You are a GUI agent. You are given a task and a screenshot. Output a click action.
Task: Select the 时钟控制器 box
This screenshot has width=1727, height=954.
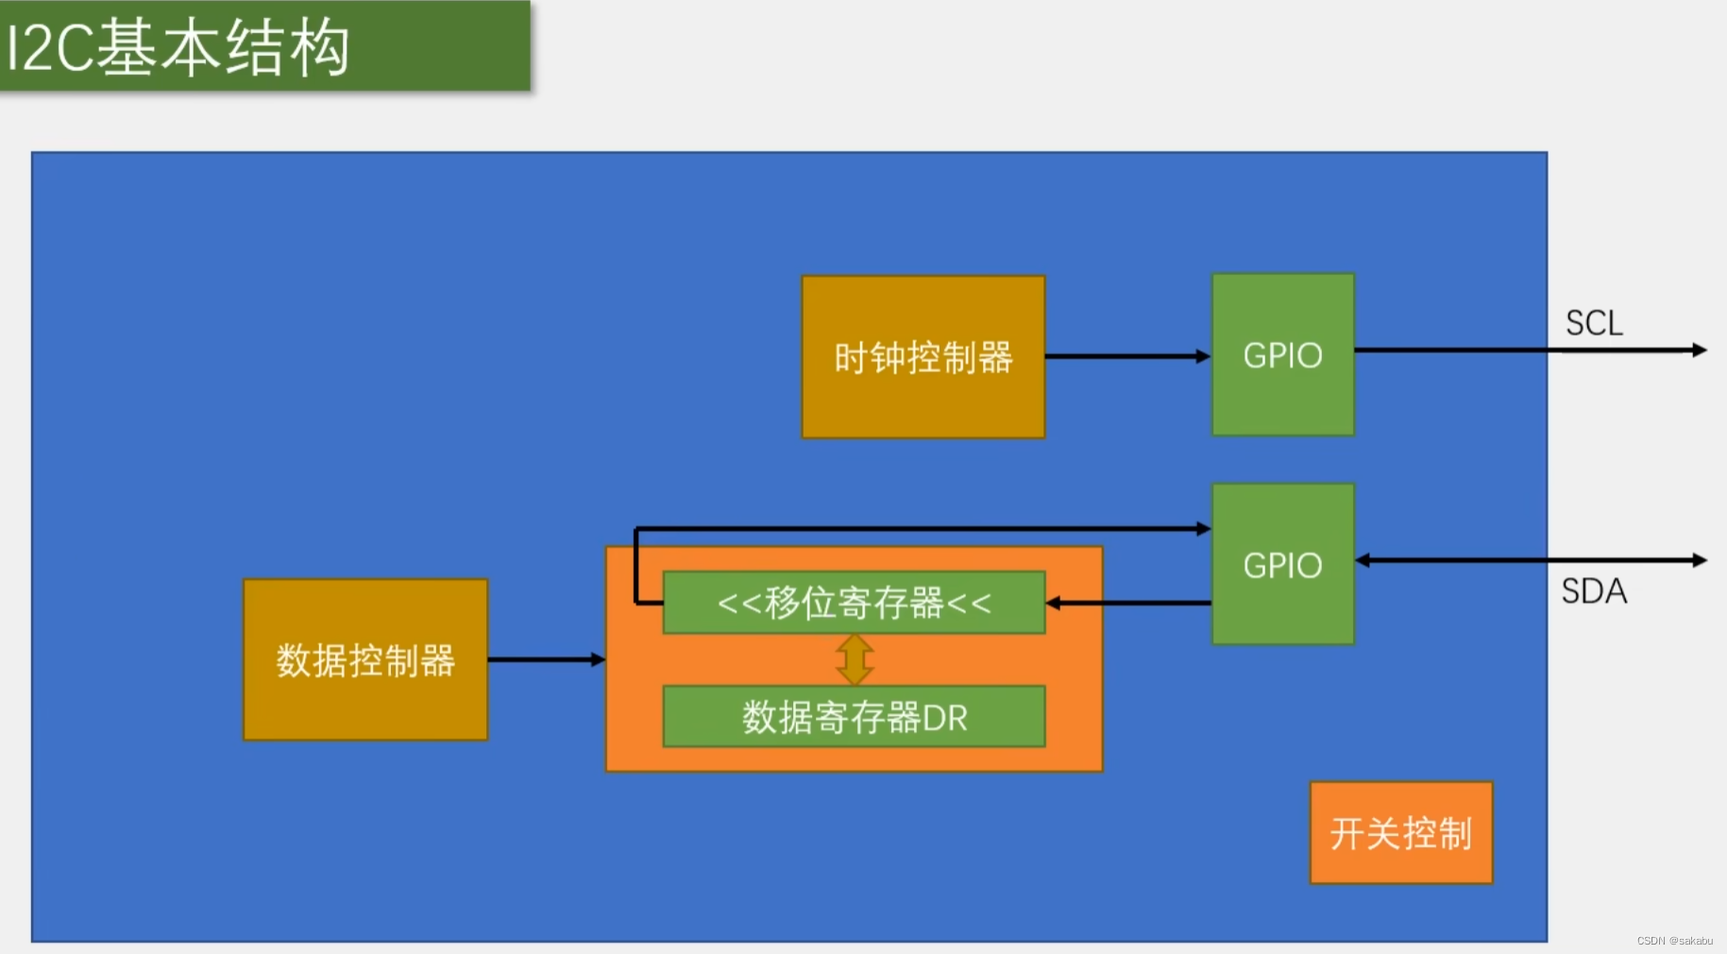[x=923, y=357]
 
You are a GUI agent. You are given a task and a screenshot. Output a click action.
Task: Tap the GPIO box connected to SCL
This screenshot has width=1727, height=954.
[x=1282, y=355]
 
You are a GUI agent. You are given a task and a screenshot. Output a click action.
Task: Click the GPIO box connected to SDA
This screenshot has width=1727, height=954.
[x=1282, y=565]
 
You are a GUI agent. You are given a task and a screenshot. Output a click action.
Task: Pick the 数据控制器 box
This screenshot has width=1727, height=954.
[x=365, y=660]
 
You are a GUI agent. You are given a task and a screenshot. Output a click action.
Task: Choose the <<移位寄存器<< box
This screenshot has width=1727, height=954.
[x=854, y=603]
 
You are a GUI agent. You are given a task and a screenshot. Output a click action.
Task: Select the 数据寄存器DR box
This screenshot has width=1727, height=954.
[x=854, y=717]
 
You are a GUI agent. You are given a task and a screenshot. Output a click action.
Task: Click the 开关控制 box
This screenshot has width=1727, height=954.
[x=1400, y=833]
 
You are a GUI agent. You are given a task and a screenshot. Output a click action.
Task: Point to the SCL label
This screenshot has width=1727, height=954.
[x=1594, y=323]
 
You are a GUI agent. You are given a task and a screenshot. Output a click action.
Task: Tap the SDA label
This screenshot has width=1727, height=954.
[x=1594, y=591]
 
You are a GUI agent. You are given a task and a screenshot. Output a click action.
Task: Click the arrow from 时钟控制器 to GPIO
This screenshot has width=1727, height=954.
[x=1127, y=356]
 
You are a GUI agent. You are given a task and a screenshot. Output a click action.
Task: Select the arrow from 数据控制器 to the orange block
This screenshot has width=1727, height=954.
[x=546, y=659]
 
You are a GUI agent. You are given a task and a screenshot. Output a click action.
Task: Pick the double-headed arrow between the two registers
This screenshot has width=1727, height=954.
[x=855, y=659]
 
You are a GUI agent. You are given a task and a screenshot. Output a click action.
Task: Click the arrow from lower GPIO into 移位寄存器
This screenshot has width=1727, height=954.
[x=1128, y=603]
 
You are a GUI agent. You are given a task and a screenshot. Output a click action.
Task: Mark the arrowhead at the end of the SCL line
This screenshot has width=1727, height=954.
[x=1699, y=350]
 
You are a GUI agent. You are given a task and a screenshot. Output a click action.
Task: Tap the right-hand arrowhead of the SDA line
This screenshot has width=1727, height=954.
[x=1699, y=560]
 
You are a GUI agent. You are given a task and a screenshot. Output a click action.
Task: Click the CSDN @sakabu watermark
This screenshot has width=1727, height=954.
[x=1674, y=941]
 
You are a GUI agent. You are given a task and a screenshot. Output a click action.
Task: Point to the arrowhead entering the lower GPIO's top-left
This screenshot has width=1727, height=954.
[x=1203, y=529]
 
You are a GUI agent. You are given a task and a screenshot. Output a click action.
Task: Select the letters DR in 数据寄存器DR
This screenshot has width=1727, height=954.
[x=945, y=718]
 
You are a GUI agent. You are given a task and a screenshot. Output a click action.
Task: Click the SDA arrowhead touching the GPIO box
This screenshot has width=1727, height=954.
[x=1363, y=560]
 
